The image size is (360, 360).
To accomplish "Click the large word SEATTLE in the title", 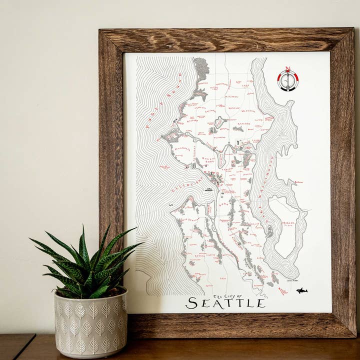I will pyautogui.click(x=225, y=303).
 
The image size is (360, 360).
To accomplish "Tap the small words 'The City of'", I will pyautogui.click(x=227, y=296).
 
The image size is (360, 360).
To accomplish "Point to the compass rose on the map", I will pyautogui.click(x=288, y=80).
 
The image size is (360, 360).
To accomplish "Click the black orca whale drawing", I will pyautogui.click(x=301, y=290).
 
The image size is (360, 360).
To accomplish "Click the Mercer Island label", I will pyautogui.click(x=288, y=223).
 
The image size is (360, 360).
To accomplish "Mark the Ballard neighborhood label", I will pyautogui.click(x=192, y=120).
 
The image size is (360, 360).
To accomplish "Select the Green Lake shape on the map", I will pyautogui.click(x=220, y=122).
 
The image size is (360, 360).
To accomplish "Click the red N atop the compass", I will pyautogui.click(x=287, y=69).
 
